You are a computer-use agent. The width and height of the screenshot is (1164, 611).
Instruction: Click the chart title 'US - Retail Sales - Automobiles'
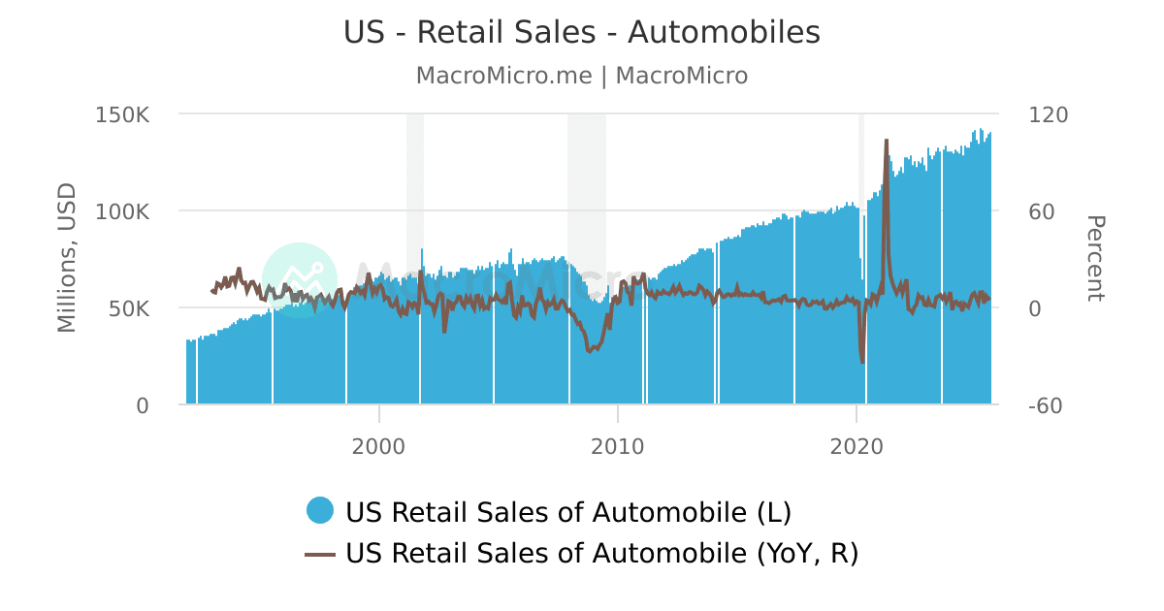click(582, 32)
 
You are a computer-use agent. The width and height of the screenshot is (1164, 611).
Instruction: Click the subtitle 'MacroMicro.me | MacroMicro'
click(582, 76)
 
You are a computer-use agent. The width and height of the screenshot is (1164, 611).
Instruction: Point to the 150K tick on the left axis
click(122, 114)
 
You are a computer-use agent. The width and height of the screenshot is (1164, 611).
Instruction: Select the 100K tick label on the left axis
click(122, 211)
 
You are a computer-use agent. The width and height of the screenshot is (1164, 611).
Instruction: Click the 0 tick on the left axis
click(143, 405)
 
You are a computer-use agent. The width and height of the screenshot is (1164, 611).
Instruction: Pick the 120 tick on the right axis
click(1048, 114)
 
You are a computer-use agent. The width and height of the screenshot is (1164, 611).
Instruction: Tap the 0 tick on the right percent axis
click(1035, 308)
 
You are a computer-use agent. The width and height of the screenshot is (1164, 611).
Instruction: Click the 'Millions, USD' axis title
click(67, 258)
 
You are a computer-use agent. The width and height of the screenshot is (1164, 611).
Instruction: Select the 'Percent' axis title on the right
click(1094, 258)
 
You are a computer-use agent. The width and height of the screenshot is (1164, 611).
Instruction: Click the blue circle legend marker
click(320, 509)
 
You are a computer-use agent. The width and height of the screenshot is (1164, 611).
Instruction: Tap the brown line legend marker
click(320, 554)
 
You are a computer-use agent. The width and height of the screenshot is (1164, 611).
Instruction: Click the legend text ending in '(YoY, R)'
click(601, 554)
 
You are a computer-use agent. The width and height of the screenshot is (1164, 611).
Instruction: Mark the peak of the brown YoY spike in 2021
click(886, 141)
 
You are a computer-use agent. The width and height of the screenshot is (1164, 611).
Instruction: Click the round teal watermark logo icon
click(300, 279)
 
